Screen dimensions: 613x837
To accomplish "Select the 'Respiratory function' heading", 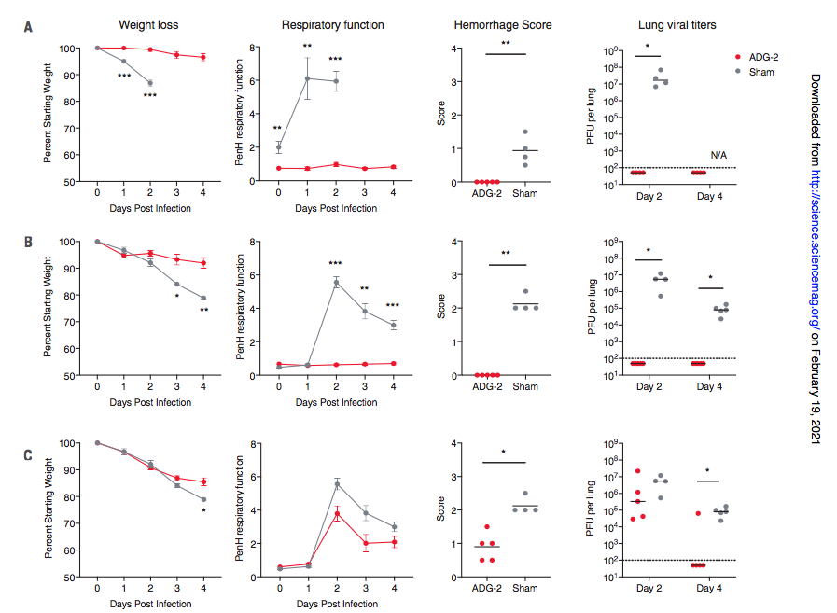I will [332, 23].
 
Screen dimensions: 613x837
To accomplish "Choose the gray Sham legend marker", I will [739, 71].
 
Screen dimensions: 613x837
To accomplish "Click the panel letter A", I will [28, 29].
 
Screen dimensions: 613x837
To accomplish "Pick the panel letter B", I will [28, 242].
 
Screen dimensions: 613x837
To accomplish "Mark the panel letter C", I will [28, 456].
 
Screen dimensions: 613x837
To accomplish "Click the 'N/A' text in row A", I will [718, 154].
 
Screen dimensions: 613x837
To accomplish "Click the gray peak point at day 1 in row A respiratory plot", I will [307, 78].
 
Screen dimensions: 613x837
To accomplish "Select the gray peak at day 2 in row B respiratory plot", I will [335, 283].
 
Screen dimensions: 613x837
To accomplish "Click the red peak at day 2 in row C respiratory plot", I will [335, 514].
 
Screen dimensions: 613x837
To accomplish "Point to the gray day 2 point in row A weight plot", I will [149, 83].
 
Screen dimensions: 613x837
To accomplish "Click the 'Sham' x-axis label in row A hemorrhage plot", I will [525, 194].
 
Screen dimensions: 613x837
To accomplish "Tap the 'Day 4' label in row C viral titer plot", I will [709, 590].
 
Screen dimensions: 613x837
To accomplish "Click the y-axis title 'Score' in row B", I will [441, 308].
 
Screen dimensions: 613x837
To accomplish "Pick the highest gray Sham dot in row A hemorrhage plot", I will [525, 132].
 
